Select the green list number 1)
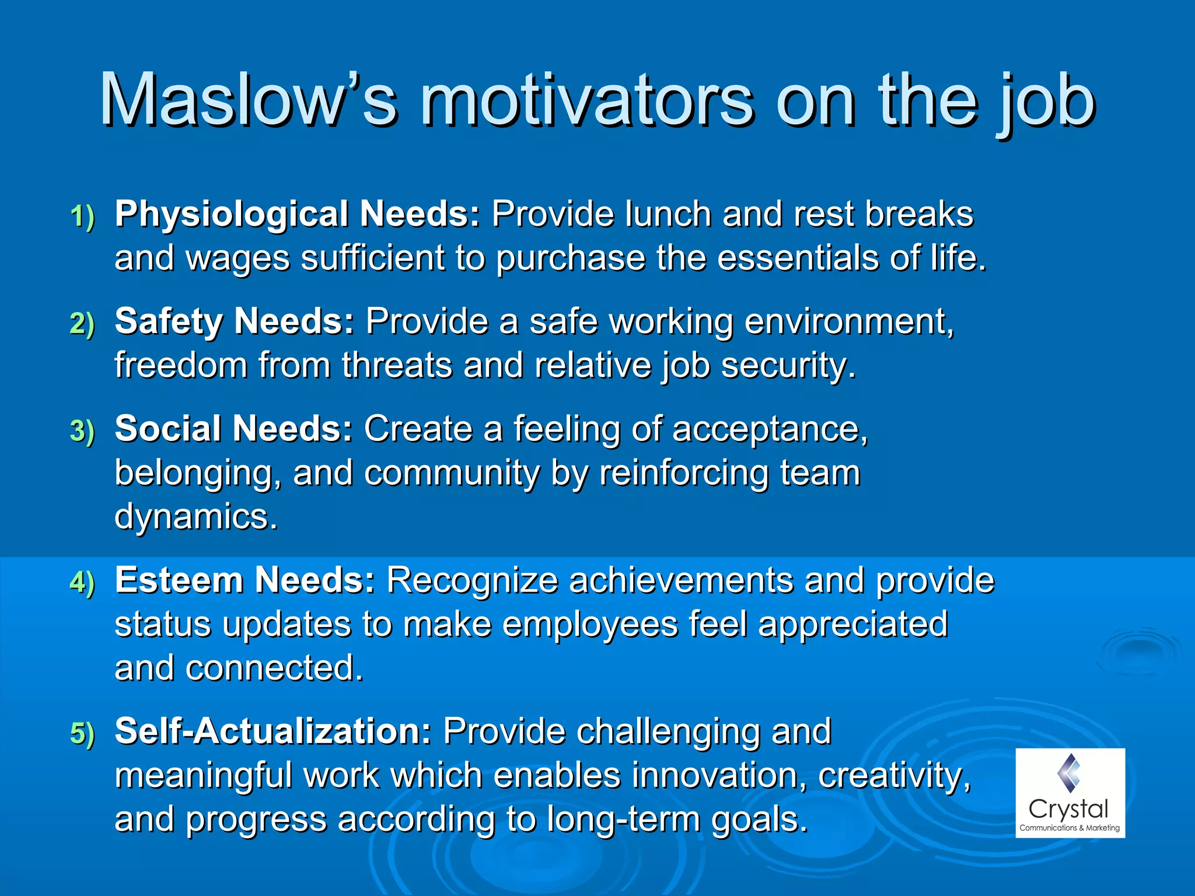(x=82, y=216)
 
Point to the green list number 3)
(x=82, y=431)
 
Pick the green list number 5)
(x=82, y=733)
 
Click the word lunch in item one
(x=668, y=213)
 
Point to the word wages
(x=237, y=258)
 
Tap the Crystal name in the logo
(x=1068, y=810)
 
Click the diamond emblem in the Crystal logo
(x=1069, y=772)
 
